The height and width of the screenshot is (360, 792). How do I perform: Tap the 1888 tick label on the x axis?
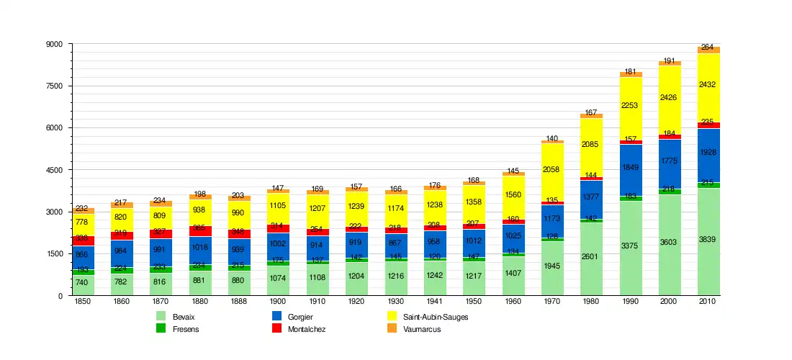[240, 301]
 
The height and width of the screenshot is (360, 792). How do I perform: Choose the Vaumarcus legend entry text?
[422, 329]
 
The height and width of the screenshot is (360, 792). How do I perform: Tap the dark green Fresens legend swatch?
[161, 328]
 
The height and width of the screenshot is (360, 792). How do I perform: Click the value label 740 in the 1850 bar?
[82, 282]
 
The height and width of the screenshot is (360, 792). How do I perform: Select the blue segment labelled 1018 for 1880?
[200, 246]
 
